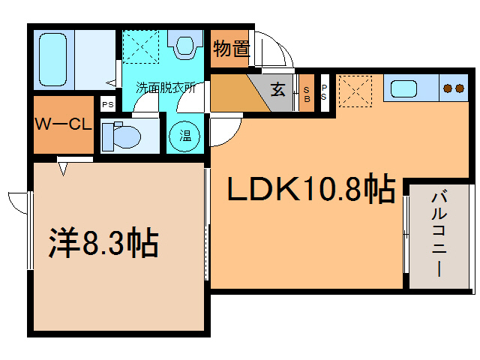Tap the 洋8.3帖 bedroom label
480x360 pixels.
(103, 242)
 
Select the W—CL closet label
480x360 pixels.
(62, 124)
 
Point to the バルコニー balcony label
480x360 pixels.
(439, 233)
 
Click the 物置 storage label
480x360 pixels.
(230, 49)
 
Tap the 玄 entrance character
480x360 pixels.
(278, 91)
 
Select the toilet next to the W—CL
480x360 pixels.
(121, 136)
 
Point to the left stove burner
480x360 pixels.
(448, 88)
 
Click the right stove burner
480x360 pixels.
(459, 88)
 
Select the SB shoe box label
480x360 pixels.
(307, 93)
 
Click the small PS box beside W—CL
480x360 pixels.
(107, 104)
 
